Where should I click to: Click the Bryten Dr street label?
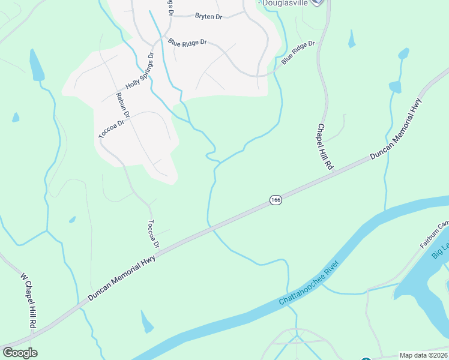tap(209, 17)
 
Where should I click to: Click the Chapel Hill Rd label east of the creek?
tap(324, 147)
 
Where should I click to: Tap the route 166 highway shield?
tap(276, 200)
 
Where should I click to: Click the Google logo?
tap(20, 353)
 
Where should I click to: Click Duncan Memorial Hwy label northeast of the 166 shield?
tap(396, 128)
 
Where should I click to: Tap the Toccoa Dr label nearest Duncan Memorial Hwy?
tap(153, 233)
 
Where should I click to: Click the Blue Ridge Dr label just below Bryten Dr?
tap(187, 43)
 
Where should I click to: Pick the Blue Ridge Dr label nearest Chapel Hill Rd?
tap(298, 53)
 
